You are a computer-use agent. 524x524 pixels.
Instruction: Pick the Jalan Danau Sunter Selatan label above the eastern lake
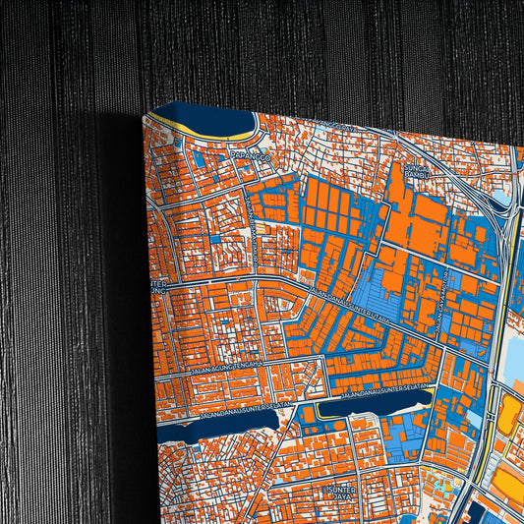point(388,391)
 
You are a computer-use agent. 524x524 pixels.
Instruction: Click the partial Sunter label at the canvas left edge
point(159,288)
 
